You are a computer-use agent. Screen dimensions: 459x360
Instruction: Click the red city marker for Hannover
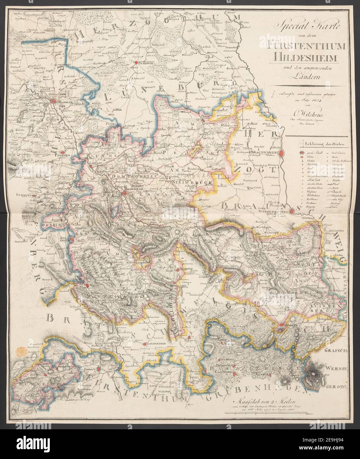click(52, 102)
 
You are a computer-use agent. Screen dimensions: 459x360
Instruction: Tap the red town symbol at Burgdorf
click(135, 61)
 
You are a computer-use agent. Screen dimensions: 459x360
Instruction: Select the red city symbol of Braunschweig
click(281, 153)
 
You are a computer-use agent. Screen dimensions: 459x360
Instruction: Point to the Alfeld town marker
click(86, 286)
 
